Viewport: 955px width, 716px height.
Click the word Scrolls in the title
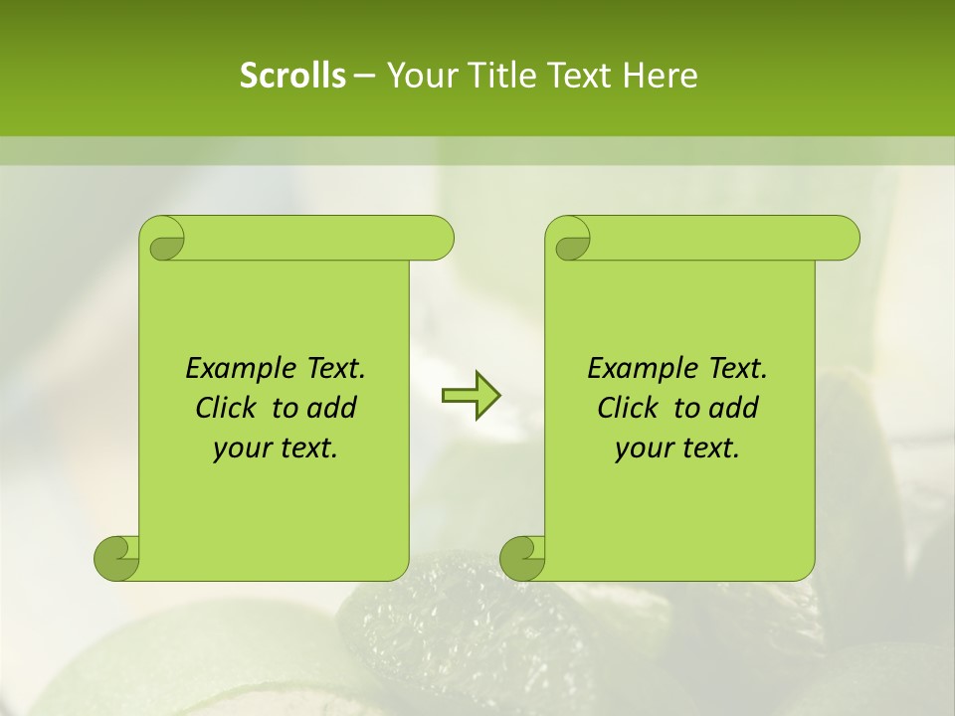click(292, 76)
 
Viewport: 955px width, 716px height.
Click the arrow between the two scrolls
click(471, 396)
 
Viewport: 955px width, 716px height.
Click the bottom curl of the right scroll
click(523, 557)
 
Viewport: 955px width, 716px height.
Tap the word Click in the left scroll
click(225, 408)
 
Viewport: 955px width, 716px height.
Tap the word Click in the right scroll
click(627, 408)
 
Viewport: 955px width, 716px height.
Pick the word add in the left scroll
click(332, 408)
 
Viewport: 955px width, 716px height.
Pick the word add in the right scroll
click(734, 408)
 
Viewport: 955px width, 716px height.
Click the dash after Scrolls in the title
click(364, 76)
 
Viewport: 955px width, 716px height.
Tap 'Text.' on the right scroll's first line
click(737, 369)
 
